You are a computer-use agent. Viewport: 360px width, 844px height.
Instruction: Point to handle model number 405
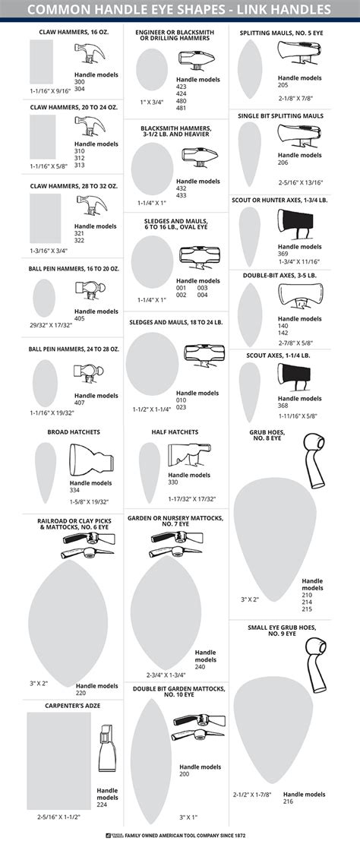79,318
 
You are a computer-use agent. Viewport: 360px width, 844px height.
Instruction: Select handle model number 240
200,666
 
